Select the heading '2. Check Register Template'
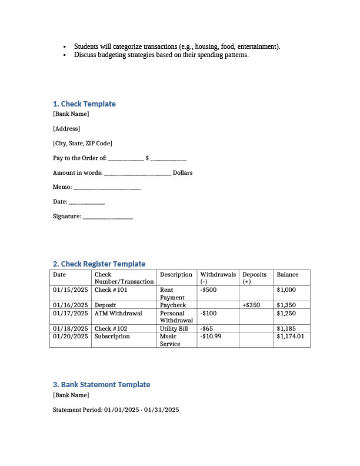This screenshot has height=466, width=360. tap(99, 264)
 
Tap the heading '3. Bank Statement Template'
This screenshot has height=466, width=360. tap(101, 385)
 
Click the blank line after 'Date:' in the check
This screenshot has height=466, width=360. tap(87, 203)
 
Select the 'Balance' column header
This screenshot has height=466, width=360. tap(288, 275)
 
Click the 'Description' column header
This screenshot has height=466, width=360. tap(176, 275)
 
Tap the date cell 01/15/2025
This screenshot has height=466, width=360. tap(70, 290)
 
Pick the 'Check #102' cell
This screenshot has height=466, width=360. tap(111, 328)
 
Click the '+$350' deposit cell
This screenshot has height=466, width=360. tap(251, 305)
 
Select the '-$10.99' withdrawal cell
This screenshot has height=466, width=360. tap(211, 336)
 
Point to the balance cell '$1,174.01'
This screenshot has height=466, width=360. tap(290, 336)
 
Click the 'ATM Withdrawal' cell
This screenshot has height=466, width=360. tap(118, 313)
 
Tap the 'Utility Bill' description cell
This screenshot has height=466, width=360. tap(174, 328)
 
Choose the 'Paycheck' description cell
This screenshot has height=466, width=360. tap(173, 305)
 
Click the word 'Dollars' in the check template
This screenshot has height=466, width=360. tap(182, 173)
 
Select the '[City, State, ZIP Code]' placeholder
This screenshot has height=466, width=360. tap(82, 144)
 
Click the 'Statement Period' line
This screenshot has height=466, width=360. tap(116, 410)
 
